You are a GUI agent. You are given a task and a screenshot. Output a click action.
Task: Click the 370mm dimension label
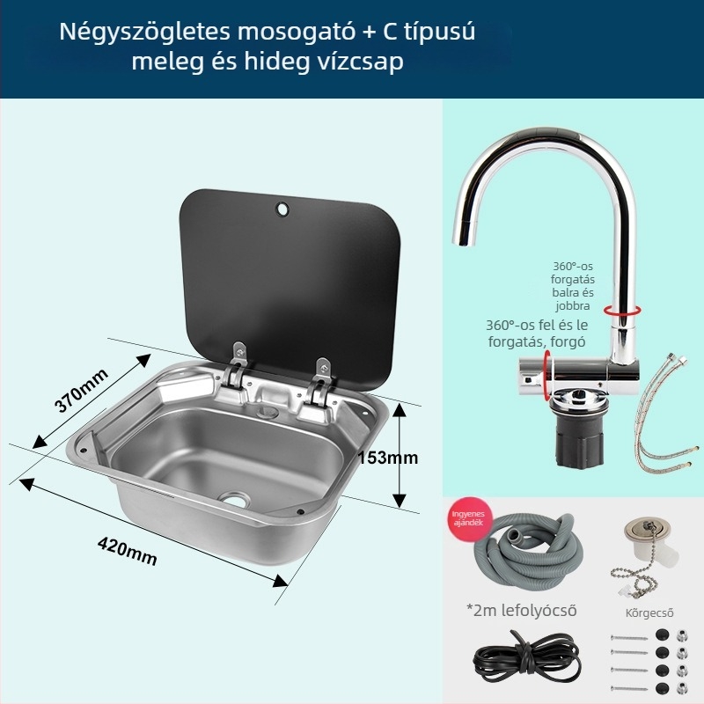click(x=81, y=391)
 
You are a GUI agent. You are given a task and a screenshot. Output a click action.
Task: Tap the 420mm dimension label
click(x=127, y=551)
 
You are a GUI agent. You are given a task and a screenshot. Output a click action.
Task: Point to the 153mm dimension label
click(x=388, y=457)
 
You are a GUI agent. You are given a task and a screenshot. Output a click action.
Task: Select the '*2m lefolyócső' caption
click(x=521, y=610)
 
